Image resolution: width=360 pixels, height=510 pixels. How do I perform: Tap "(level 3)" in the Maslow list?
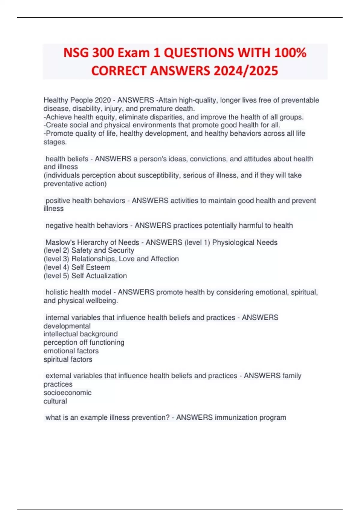tap(56, 259)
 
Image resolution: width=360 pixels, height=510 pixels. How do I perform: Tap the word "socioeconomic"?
tap(67, 393)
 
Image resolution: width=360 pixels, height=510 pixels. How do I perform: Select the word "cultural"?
tap(55, 401)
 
